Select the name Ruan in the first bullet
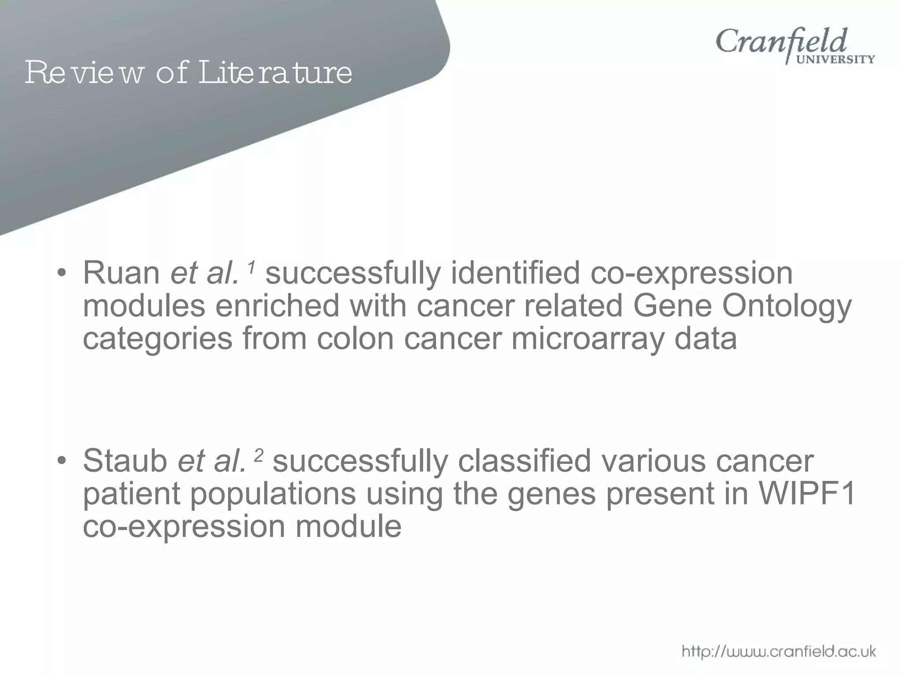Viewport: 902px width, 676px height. coord(122,273)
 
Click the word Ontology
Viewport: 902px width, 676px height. coord(787,306)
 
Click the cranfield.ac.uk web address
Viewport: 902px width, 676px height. coord(779,651)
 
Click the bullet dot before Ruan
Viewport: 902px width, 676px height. coord(62,274)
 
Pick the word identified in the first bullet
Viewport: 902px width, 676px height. coord(515,273)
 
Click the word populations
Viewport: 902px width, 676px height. coord(273,494)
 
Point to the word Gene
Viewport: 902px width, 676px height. coord(672,306)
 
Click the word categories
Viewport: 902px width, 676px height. coord(157,339)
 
